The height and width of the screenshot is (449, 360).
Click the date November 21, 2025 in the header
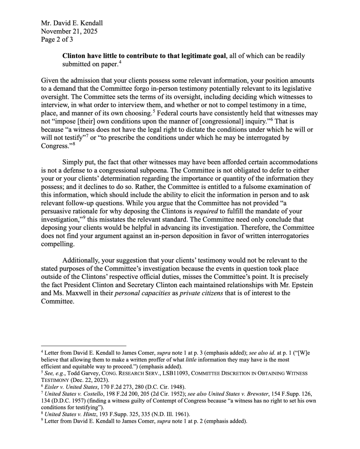69,31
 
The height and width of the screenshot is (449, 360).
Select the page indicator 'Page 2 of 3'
57,39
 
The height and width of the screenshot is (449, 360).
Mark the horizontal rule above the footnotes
83,345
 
